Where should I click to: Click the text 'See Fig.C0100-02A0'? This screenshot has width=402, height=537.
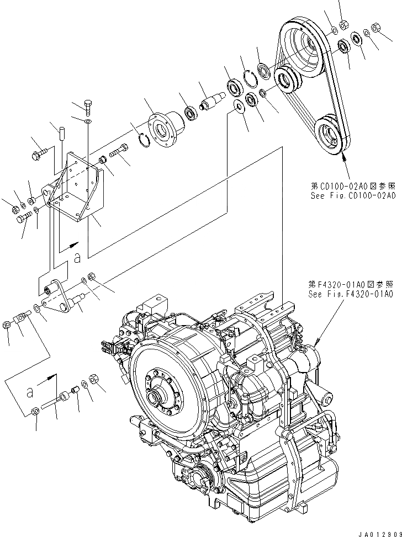[x=353, y=196]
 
